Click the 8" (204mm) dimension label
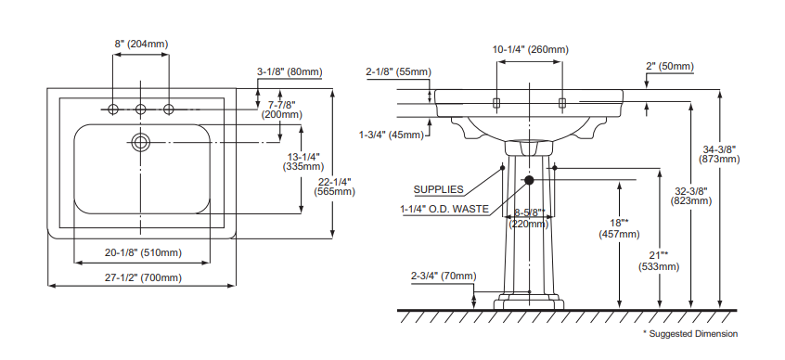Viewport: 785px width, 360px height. point(141,44)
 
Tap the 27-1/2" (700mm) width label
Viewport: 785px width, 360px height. point(143,277)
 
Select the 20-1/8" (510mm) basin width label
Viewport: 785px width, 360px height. point(143,253)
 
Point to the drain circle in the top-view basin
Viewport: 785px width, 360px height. point(141,142)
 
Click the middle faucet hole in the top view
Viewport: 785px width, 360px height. point(141,109)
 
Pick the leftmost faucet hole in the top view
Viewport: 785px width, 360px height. point(113,109)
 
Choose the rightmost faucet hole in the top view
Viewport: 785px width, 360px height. point(169,109)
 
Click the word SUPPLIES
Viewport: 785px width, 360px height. point(439,190)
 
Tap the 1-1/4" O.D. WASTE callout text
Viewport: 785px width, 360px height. point(444,209)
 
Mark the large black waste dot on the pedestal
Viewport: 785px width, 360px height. point(529,180)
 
